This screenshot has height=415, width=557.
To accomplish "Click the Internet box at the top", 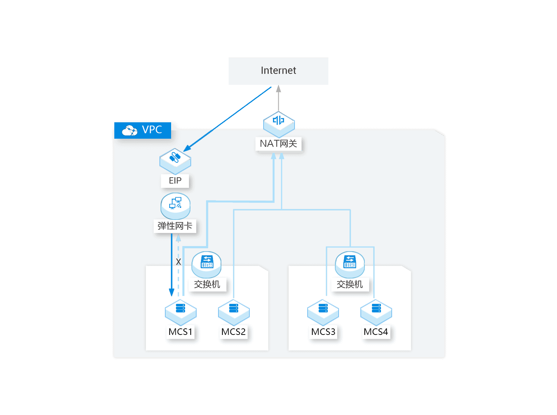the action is (x=278, y=71).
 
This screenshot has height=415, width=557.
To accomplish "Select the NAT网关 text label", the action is (x=278, y=143).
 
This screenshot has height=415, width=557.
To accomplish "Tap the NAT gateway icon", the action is (x=279, y=124).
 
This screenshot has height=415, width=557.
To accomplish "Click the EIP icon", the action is (x=175, y=161).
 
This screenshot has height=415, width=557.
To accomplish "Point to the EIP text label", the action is (x=175, y=181).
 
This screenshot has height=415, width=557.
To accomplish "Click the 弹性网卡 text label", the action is (x=175, y=226).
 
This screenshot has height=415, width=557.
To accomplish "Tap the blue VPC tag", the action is (x=143, y=130).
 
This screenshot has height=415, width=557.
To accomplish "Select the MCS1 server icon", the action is (x=181, y=312).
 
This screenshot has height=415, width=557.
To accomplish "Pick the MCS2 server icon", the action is (x=234, y=312).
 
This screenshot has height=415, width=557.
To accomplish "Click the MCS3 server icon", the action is (x=323, y=312).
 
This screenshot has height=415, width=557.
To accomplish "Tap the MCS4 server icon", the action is (x=376, y=312).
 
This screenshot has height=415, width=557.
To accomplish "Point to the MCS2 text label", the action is (x=233, y=332).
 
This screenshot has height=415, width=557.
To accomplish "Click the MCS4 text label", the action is (x=376, y=332).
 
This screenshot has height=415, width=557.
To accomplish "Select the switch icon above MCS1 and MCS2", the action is (x=206, y=265).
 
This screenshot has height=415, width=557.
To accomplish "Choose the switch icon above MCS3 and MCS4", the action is (x=350, y=265).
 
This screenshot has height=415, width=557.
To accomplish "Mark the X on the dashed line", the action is (x=178, y=262).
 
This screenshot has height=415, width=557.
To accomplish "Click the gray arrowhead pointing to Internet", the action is (x=278, y=89).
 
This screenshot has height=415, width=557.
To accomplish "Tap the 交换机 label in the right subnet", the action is (x=349, y=284).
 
